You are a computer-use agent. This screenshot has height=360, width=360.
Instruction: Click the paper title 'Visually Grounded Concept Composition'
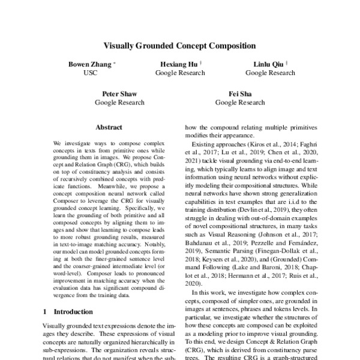(180, 45)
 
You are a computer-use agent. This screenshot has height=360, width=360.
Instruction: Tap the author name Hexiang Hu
(178, 64)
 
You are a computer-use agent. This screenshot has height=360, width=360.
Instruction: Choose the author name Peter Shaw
(119, 94)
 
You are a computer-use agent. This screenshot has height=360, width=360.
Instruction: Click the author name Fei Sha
(239, 94)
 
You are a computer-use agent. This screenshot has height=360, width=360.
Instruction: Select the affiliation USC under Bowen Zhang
(90, 73)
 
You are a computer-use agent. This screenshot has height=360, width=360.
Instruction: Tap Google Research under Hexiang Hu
(180, 73)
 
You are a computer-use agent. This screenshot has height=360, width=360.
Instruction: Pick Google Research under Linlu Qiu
(270, 73)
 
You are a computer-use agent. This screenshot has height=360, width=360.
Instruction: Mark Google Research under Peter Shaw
(119, 103)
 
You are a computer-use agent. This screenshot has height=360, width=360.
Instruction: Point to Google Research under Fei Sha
(239, 103)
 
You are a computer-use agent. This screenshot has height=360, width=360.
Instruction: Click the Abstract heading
(109, 127)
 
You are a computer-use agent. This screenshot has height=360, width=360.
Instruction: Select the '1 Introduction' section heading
(68, 312)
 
